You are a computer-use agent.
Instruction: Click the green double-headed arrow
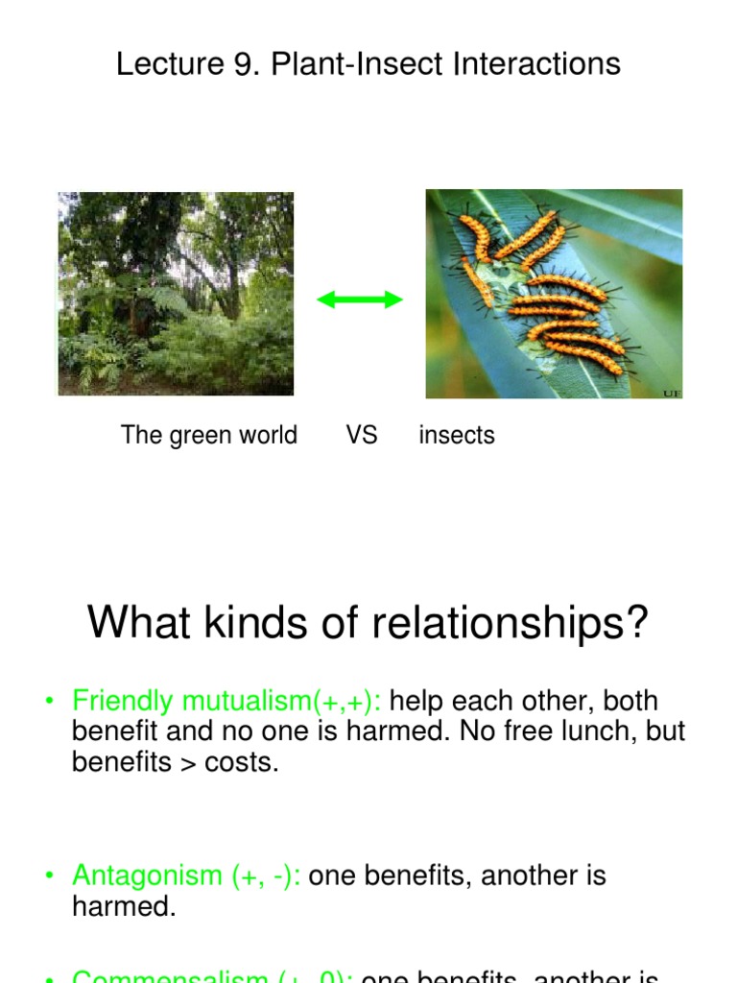360,300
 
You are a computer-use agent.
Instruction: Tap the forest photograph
176,294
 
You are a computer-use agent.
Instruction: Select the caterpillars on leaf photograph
554,294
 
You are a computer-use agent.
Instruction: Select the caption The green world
209,435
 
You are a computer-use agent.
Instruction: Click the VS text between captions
362,435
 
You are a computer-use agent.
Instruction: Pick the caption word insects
457,435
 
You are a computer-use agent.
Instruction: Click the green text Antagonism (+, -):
187,875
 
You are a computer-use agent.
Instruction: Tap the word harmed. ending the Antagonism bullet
124,907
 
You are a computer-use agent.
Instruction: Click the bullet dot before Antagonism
49,876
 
